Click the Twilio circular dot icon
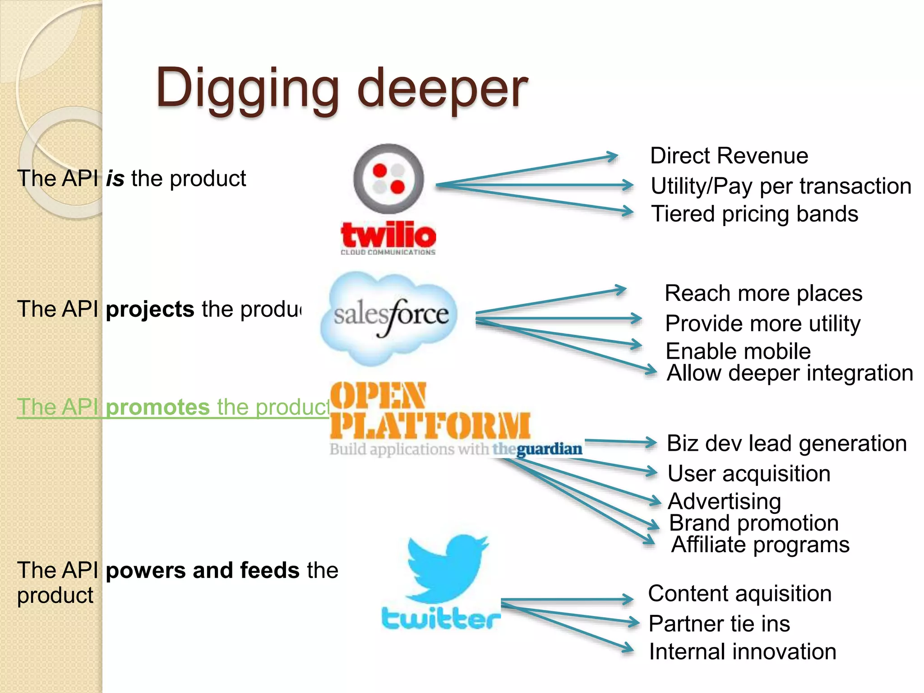coord(388,179)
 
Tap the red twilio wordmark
coord(388,235)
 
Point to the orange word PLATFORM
coord(430,425)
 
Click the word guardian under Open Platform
coord(549,449)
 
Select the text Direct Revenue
coord(729,156)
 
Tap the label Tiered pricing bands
coord(754,214)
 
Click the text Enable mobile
coord(738,351)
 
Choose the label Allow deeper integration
coord(790,373)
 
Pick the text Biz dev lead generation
coord(786,444)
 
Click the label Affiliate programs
coord(760,545)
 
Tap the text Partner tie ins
coord(719,624)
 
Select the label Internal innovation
coord(742,652)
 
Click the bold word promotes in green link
coord(157,407)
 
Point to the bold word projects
coord(150,310)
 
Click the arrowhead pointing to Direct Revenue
coord(613,157)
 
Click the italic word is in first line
coord(115,179)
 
